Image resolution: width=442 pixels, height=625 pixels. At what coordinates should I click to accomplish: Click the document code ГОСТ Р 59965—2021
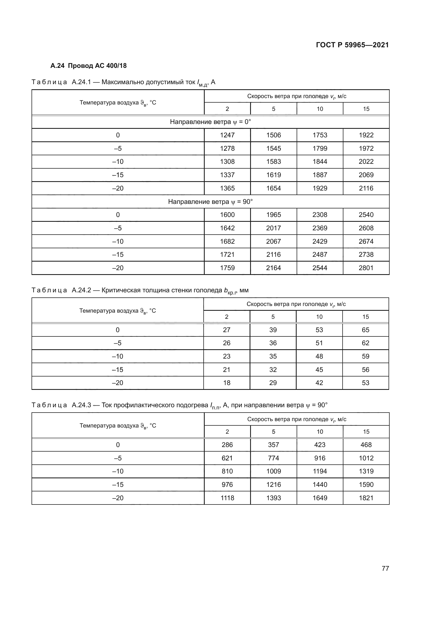click(x=352, y=45)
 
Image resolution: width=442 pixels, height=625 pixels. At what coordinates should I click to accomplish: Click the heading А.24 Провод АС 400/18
click(x=88, y=66)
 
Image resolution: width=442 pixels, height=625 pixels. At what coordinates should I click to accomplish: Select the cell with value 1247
click(x=227, y=135)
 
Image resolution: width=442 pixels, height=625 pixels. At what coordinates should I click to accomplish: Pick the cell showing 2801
click(x=366, y=268)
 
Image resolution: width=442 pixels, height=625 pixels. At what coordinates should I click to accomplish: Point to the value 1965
click(x=273, y=215)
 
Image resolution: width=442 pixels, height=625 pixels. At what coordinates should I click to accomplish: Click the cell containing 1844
click(x=320, y=162)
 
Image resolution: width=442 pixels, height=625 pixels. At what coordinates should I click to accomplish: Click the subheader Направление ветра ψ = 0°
click(x=210, y=122)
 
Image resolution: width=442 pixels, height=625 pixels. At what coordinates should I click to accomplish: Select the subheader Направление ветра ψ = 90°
click(x=210, y=202)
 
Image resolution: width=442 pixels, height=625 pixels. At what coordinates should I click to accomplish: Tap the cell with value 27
click(x=226, y=330)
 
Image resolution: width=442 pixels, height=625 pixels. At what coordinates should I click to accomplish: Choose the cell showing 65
click(x=365, y=330)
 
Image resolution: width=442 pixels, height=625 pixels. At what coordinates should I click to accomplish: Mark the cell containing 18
click(x=226, y=383)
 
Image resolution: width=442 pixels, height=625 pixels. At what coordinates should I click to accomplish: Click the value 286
click(x=227, y=445)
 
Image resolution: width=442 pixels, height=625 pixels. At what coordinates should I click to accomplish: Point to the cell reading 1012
click(x=366, y=458)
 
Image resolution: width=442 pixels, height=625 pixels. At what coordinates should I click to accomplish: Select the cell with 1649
click(x=320, y=498)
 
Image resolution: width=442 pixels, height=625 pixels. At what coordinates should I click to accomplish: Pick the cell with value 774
click(x=273, y=458)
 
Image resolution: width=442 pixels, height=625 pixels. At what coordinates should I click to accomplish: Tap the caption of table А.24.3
click(x=179, y=405)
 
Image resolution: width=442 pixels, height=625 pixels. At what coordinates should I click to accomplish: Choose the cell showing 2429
click(x=320, y=242)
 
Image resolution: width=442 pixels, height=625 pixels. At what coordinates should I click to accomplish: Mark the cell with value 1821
click(x=366, y=498)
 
